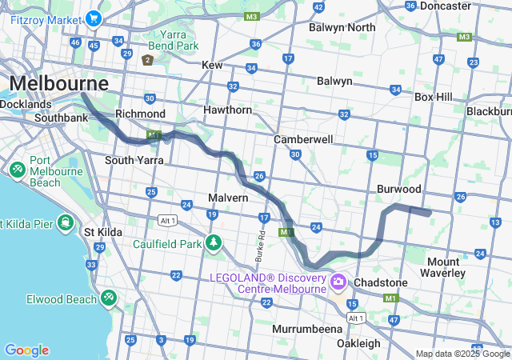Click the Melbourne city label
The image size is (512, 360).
tap(59, 83)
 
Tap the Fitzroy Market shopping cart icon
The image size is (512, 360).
tap(94, 18)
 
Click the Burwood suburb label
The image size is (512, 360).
tap(399, 190)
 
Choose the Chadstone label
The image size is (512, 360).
tap(380, 282)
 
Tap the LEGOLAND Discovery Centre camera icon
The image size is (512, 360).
tap(338, 281)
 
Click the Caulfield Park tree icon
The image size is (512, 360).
tap(212, 242)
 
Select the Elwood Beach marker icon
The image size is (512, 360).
tap(108, 298)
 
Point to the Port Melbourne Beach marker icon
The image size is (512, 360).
tap(17, 170)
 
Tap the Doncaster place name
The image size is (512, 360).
tap(445, 6)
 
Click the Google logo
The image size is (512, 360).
tap(26, 350)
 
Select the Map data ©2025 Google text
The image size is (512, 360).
tap(462, 354)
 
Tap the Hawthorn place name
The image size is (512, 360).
tap(228, 110)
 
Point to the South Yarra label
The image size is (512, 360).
tap(129, 160)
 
